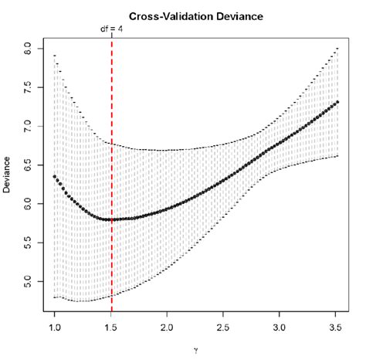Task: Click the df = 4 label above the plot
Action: click(112, 29)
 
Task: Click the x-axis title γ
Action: click(196, 350)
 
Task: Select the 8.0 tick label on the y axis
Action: click(28, 48)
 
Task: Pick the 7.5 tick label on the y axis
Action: click(28, 87)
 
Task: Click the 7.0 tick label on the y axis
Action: click(28, 125)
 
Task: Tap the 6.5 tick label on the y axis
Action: click(28, 165)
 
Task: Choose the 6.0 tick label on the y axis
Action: click(28, 203)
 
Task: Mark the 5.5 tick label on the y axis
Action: click(28, 242)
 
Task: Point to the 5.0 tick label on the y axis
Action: click(28, 281)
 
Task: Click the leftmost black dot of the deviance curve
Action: click(54, 176)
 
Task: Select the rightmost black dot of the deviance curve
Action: click(337, 102)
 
